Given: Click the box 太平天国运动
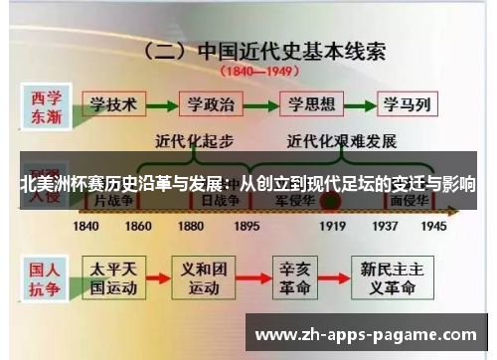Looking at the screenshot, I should coord(116,277).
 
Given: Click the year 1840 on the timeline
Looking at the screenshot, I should coord(86,226).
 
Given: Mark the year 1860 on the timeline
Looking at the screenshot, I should coord(138,226).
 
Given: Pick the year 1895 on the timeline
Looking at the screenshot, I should coord(246,226).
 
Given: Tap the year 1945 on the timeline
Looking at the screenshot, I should coord(433,226).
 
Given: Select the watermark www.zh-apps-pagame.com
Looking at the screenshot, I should coord(367,333).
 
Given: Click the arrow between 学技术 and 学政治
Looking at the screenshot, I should coord(164,102).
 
